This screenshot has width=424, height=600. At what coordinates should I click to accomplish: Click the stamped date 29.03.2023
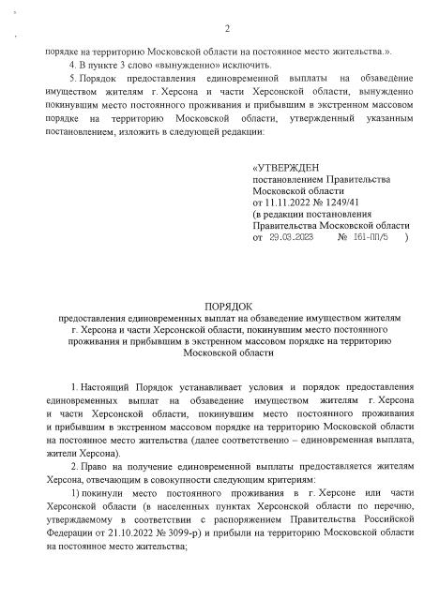pyautogui.click(x=292, y=239)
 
